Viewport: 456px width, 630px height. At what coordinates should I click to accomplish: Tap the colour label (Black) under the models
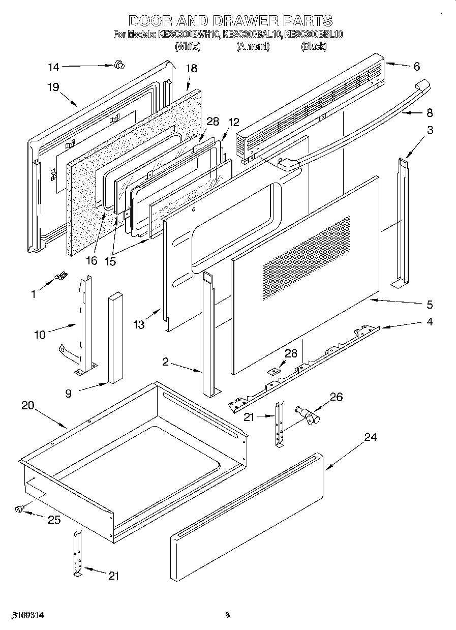(313, 47)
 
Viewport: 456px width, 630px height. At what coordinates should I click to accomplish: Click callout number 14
(54, 67)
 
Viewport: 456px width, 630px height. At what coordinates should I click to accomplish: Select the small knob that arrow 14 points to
(120, 64)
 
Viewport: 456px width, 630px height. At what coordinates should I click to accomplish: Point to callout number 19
(53, 87)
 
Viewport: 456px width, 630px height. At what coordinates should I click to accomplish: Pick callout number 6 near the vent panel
(416, 66)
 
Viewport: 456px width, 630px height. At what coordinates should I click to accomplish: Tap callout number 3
(430, 130)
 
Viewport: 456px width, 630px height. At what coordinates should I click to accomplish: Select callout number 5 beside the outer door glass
(430, 305)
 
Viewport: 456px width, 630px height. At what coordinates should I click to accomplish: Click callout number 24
(371, 437)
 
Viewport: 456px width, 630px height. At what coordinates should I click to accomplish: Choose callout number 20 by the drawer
(28, 405)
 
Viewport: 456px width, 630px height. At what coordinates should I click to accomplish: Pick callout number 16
(91, 261)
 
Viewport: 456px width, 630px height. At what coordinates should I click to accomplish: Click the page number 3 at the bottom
(228, 615)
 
